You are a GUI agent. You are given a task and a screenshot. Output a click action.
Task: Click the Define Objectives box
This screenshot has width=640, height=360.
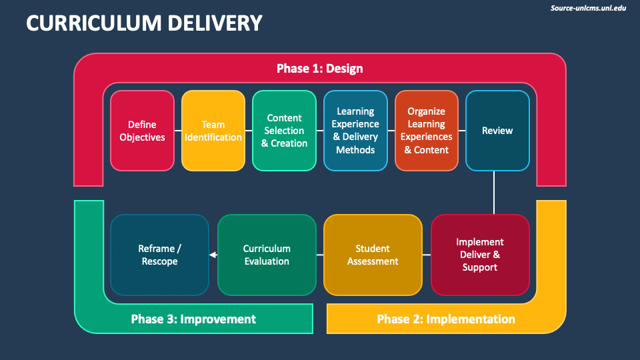point(142,131)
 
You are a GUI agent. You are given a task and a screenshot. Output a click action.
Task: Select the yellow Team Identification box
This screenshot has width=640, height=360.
point(213,131)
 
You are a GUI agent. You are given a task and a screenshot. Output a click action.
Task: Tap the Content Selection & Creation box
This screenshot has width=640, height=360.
point(284,131)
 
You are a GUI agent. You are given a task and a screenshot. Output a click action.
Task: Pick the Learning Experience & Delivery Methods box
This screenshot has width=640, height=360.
point(355,131)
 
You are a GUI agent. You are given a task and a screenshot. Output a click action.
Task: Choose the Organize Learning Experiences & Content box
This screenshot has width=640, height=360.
point(427,131)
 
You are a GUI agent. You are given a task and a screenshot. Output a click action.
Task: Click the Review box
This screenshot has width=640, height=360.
point(497,131)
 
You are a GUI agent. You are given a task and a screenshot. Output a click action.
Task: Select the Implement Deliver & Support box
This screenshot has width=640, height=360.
point(480,255)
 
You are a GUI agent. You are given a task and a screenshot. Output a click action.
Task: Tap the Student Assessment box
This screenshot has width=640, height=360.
point(373,255)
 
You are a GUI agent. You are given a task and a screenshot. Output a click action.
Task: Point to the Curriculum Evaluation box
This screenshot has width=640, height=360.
point(267,255)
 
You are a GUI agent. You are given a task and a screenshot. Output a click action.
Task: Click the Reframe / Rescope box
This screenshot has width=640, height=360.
point(159,255)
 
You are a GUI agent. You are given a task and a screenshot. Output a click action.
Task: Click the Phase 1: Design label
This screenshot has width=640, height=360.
point(320,69)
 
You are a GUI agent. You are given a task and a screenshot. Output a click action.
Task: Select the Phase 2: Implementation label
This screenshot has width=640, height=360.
point(446,319)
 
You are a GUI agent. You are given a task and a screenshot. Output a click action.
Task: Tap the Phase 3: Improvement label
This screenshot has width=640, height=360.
point(193,319)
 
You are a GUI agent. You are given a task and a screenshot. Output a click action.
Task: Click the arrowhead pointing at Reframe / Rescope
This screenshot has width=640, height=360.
point(212,255)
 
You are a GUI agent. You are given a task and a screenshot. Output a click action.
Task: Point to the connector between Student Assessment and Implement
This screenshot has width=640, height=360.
point(427,255)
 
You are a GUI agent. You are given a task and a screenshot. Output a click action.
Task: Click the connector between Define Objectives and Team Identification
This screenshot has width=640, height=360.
point(177,131)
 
